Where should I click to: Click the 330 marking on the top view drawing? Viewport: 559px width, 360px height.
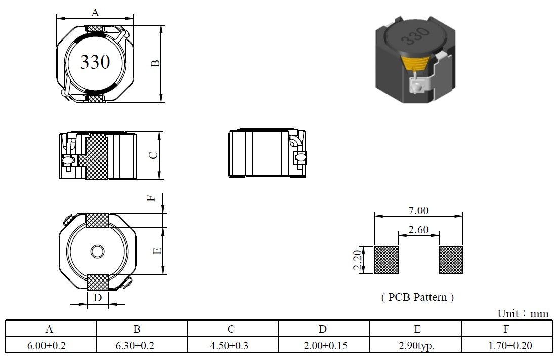pos(95,62)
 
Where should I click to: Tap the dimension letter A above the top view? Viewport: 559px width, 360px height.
pos(95,13)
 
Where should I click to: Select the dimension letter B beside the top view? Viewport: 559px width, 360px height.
pos(155,63)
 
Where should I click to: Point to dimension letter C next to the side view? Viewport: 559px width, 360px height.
pos(153,155)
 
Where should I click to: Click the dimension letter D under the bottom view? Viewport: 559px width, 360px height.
pos(97,298)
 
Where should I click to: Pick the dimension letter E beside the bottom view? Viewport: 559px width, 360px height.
pos(157,251)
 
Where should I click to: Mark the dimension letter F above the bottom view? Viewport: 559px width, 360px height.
pos(151,198)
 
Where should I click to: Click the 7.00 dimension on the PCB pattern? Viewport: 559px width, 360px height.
pos(418,210)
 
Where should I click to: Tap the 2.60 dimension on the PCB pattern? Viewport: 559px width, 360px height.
pos(418,229)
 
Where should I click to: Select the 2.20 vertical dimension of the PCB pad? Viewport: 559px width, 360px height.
pos(358,260)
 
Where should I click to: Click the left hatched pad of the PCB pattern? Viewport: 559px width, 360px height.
pos(386,260)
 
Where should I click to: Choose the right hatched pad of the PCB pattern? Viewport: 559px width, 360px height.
pos(451,260)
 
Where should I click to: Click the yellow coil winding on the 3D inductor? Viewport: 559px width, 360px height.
pos(416,63)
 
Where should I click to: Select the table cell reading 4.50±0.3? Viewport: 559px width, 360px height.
pos(229,345)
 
